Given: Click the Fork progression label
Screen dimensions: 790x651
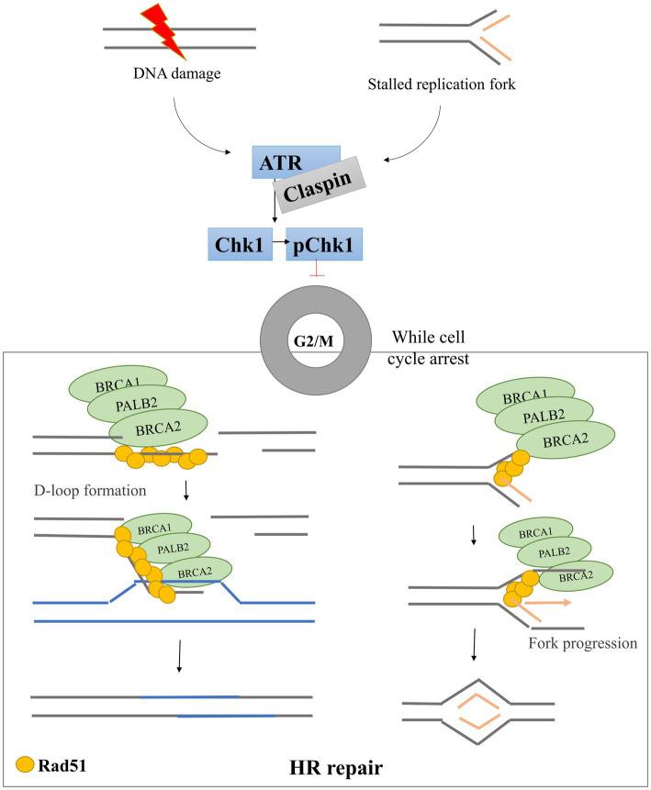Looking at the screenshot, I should tap(581, 642).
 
